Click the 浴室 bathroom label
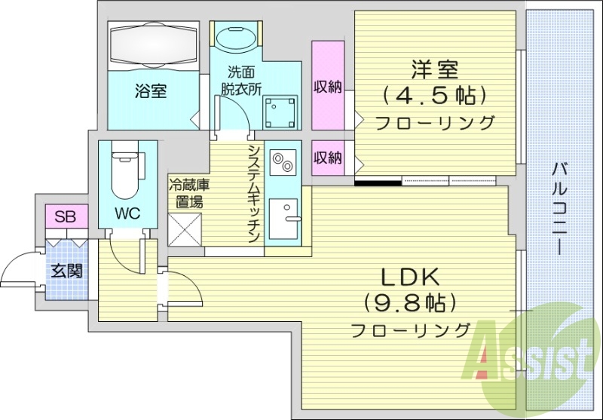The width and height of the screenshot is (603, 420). [151, 91]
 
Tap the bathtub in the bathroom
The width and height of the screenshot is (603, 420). [155, 45]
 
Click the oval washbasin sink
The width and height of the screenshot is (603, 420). [237, 38]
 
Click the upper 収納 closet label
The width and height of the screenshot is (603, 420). [327, 87]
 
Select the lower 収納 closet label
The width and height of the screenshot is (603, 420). [327, 158]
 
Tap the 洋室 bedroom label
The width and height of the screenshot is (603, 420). [435, 70]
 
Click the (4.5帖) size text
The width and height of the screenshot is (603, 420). [433, 96]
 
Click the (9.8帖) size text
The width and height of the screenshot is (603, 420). [411, 303]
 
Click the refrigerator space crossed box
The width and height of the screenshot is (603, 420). [185, 229]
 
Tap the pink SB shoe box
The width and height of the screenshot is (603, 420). [66, 217]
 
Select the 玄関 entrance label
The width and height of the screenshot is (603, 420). [66, 271]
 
